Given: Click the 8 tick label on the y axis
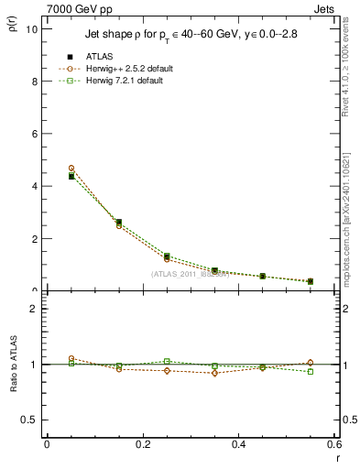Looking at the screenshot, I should click(x=34, y=81).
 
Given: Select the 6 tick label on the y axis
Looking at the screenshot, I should click(x=34, y=134).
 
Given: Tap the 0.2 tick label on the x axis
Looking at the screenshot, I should click(x=142, y=444).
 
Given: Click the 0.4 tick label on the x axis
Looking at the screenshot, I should click(x=238, y=444).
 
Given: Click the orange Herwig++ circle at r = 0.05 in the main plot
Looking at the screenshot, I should click(x=71, y=169).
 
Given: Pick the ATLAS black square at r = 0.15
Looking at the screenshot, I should click(x=119, y=222).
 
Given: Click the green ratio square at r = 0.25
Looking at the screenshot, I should click(x=167, y=361).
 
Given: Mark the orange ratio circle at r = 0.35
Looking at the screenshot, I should click(x=214, y=373).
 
